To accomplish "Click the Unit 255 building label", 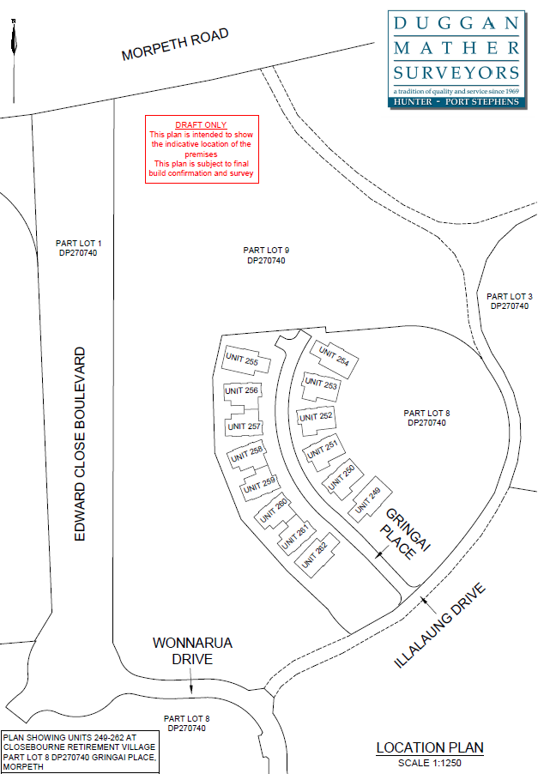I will click(240, 361).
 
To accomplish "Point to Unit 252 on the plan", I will click(314, 416).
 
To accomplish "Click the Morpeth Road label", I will click(176, 45).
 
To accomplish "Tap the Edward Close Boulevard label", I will click(81, 443).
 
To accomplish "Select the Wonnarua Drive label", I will click(192, 650).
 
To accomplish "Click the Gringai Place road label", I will click(401, 534).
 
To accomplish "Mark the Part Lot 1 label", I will click(77, 248).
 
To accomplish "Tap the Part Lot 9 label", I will click(265, 255).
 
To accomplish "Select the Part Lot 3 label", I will click(509, 301).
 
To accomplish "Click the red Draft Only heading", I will click(201, 125).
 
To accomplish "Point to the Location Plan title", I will click(429, 747).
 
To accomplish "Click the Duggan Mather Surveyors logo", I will click(455, 58).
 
